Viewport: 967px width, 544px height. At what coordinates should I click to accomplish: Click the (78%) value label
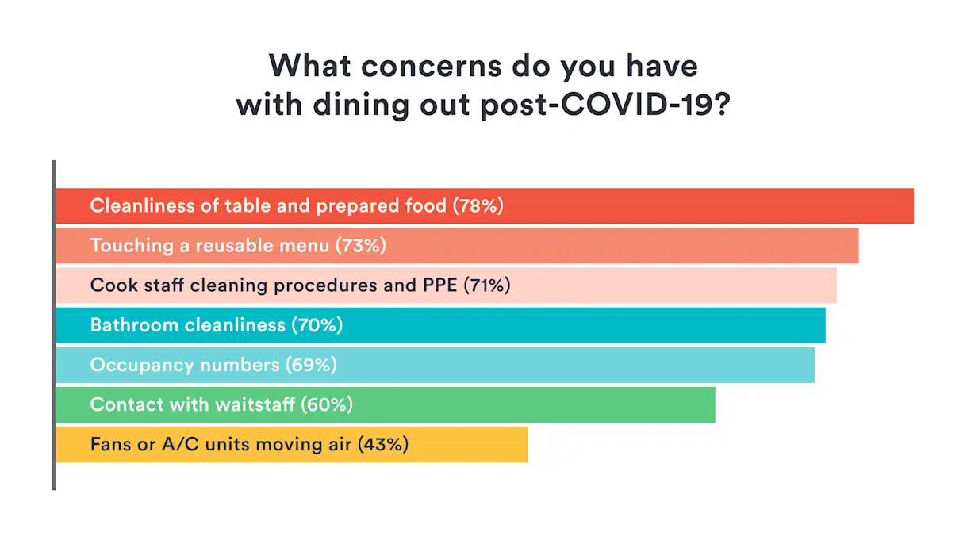coord(478,206)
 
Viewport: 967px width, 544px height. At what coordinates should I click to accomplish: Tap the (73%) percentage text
coord(361,246)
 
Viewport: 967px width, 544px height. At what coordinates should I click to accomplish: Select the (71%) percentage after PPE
coord(486,285)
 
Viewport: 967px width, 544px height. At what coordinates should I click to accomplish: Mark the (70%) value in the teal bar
coord(317,325)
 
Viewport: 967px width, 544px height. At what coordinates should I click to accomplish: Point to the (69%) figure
coord(311,365)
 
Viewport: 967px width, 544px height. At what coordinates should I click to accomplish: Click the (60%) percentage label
coord(327,404)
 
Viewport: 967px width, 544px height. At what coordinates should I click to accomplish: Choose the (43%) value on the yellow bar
coord(383,444)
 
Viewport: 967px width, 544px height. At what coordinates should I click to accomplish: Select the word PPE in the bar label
coord(438,285)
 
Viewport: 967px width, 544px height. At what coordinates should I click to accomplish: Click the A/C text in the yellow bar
coord(181,444)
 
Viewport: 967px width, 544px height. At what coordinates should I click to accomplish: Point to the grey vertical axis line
coord(53,325)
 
